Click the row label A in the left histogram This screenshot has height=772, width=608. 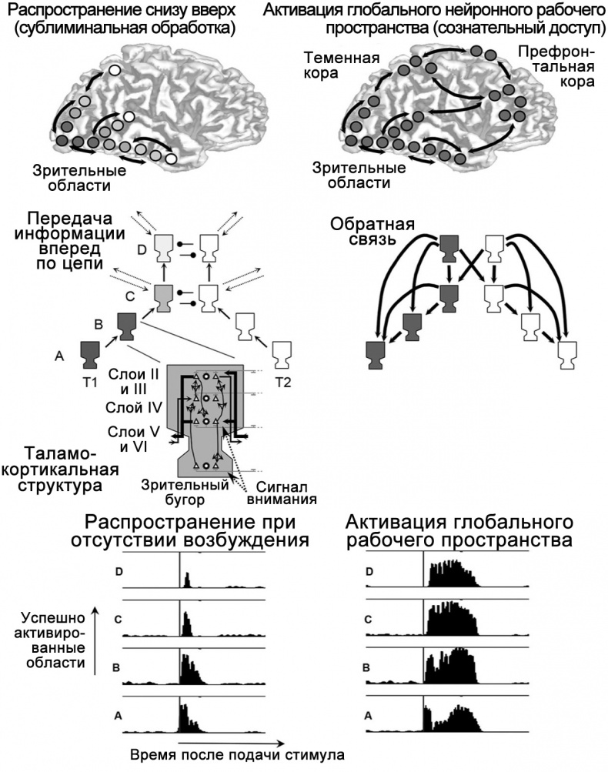[117, 714]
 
